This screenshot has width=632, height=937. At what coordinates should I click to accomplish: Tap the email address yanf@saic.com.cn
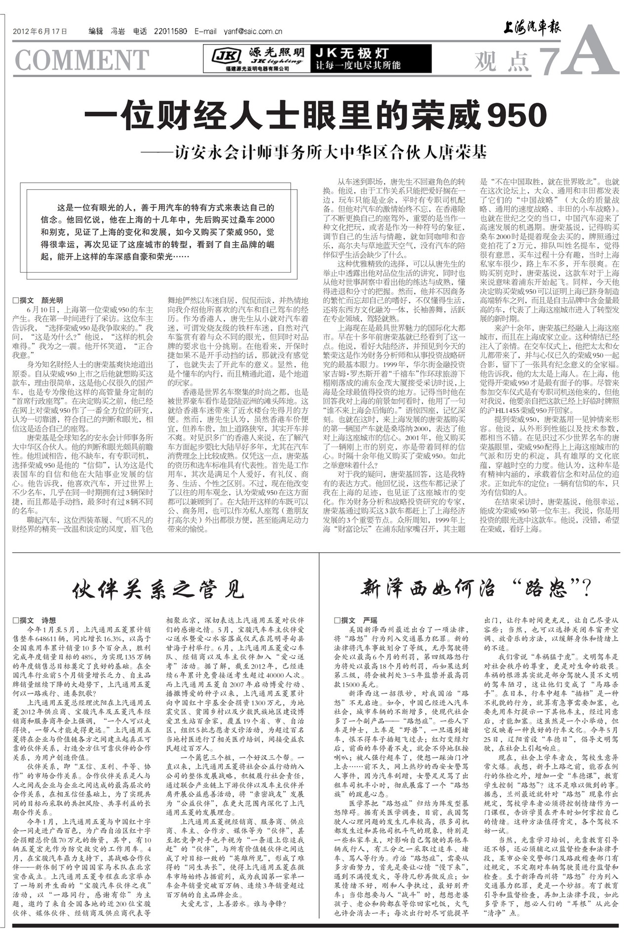(253, 32)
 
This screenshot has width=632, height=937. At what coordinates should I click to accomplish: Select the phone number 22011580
(170, 32)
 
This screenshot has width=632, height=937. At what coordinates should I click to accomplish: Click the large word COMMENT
(82, 60)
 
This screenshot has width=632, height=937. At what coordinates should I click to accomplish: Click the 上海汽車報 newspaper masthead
(532, 29)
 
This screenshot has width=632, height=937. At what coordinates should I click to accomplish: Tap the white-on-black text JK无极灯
(353, 53)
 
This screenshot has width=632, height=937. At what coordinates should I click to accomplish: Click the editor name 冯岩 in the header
(117, 32)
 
